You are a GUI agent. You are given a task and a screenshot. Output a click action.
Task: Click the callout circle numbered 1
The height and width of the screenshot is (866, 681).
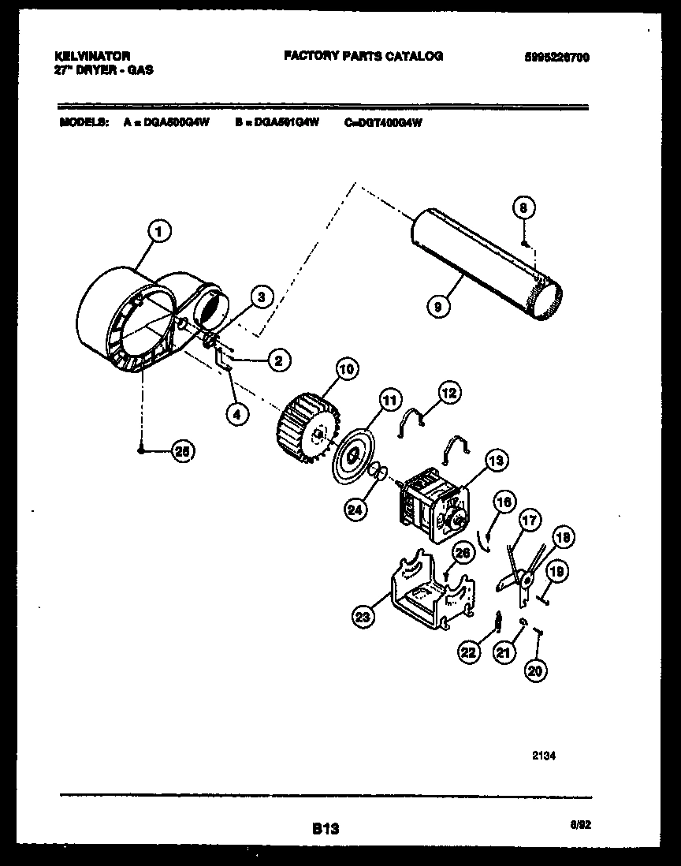[160, 231]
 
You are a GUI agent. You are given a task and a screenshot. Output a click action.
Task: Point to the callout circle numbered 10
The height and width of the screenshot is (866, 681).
[347, 368]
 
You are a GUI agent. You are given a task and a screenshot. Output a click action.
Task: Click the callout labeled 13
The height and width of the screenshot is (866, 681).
[497, 461]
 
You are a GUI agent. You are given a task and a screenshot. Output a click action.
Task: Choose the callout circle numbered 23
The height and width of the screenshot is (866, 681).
[363, 618]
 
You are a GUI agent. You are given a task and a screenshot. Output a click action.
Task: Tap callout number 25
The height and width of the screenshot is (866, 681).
[183, 451]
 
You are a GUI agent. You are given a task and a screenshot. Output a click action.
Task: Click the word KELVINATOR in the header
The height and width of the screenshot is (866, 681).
[91, 57]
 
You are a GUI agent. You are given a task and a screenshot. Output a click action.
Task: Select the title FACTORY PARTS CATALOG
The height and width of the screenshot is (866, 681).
[363, 56]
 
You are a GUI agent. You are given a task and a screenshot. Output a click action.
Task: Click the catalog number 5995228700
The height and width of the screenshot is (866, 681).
[556, 58]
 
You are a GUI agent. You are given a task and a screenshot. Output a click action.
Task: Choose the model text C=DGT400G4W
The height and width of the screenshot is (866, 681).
[384, 123]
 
